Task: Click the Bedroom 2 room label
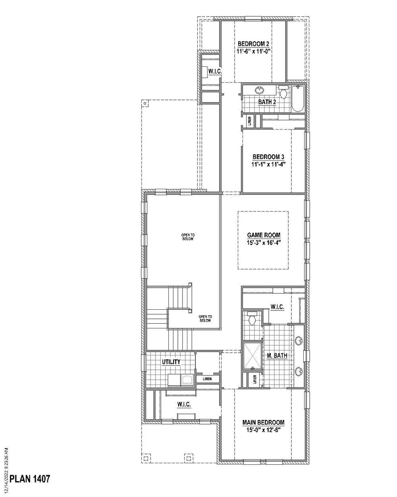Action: click(253, 44)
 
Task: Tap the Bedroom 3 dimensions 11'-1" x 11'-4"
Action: click(268, 165)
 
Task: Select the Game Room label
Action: click(264, 235)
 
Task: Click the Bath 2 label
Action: click(267, 102)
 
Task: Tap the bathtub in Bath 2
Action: click(298, 99)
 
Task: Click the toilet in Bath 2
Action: click(283, 92)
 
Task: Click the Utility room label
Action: click(171, 362)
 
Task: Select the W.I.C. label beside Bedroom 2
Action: click(215, 71)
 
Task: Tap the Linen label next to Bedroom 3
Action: click(250, 121)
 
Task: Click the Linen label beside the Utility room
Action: click(207, 379)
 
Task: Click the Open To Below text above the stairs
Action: click(188, 237)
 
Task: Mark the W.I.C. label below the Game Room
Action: click(277, 307)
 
